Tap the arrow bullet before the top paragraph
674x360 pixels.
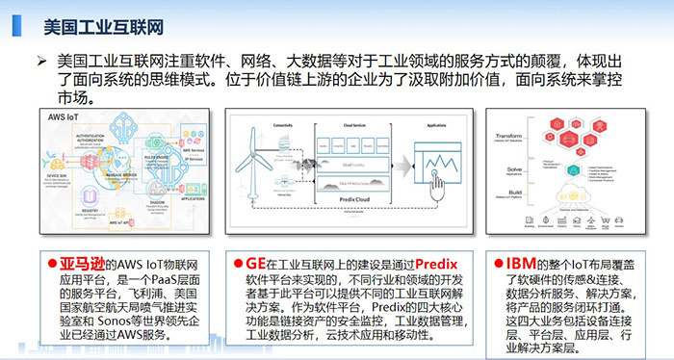41,61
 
